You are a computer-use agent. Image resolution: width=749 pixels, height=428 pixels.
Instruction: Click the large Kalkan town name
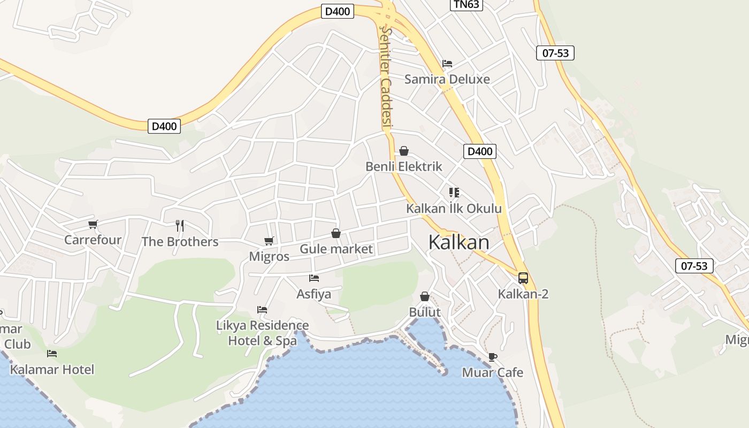[x=458, y=242]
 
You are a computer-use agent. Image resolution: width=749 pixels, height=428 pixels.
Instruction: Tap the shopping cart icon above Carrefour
[x=93, y=224]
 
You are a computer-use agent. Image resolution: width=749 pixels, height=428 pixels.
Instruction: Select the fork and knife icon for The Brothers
[x=180, y=226]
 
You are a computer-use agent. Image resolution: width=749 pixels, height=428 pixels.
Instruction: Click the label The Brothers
[x=180, y=242]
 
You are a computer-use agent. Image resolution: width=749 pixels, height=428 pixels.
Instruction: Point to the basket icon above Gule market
[x=336, y=233]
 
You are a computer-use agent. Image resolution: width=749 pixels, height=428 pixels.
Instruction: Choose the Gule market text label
[x=336, y=249]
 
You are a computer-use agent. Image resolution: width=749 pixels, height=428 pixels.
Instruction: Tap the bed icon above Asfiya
[x=314, y=278]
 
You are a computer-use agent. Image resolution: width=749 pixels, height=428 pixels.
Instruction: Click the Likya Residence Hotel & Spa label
[x=262, y=333]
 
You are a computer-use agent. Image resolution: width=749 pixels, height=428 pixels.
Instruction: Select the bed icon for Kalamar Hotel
[x=52, y=354]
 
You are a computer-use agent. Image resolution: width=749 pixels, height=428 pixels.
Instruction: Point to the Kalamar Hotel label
[x=52, y=370]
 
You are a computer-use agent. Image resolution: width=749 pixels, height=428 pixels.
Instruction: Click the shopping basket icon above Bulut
[x=425, y=296]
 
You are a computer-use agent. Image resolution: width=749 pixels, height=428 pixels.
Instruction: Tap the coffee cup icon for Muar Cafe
[x=492, y=357]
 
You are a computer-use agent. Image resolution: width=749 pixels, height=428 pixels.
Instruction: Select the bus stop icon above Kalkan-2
[x=523, y=278]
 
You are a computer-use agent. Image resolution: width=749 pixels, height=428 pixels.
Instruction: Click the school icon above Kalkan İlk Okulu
[x=454, y=193]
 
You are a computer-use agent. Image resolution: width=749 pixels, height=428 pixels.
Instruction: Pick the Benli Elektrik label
[x=404, y=166]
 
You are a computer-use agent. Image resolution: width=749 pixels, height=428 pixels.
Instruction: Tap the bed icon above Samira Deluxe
[x=447, y=64]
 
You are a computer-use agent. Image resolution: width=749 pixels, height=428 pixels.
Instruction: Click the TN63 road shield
[x=467, y=5]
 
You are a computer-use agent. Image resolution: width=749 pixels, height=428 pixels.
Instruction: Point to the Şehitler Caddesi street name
[x=387, y=78]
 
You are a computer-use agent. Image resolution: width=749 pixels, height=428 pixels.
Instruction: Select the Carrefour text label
[x=93, y=240]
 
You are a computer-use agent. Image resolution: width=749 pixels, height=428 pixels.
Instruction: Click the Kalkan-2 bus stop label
[x=523, y=294]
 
